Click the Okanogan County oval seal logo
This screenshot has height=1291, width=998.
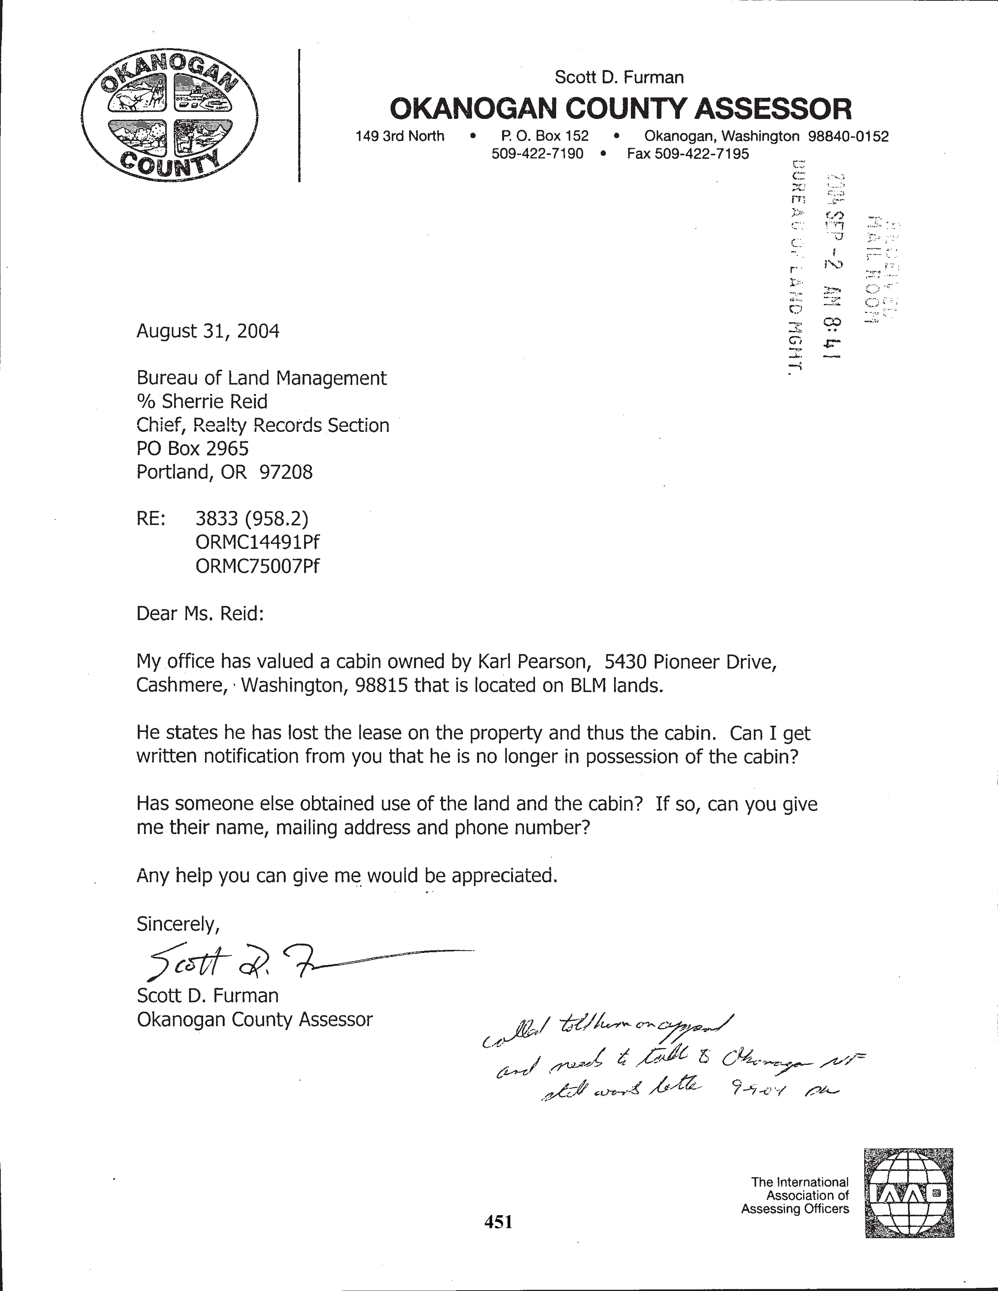(x=170, y=115)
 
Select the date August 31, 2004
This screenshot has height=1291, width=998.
(x=207, y=331)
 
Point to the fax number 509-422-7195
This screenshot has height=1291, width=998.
(x=688, y=154)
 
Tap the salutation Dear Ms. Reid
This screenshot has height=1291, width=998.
(x=200, y=613)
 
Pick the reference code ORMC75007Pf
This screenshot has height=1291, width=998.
(x=257, y=566)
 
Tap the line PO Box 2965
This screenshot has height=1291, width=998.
(x=193, y=449)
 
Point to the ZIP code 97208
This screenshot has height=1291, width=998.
(x=286, y=472)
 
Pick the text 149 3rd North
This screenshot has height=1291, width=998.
(x=400, y=137)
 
